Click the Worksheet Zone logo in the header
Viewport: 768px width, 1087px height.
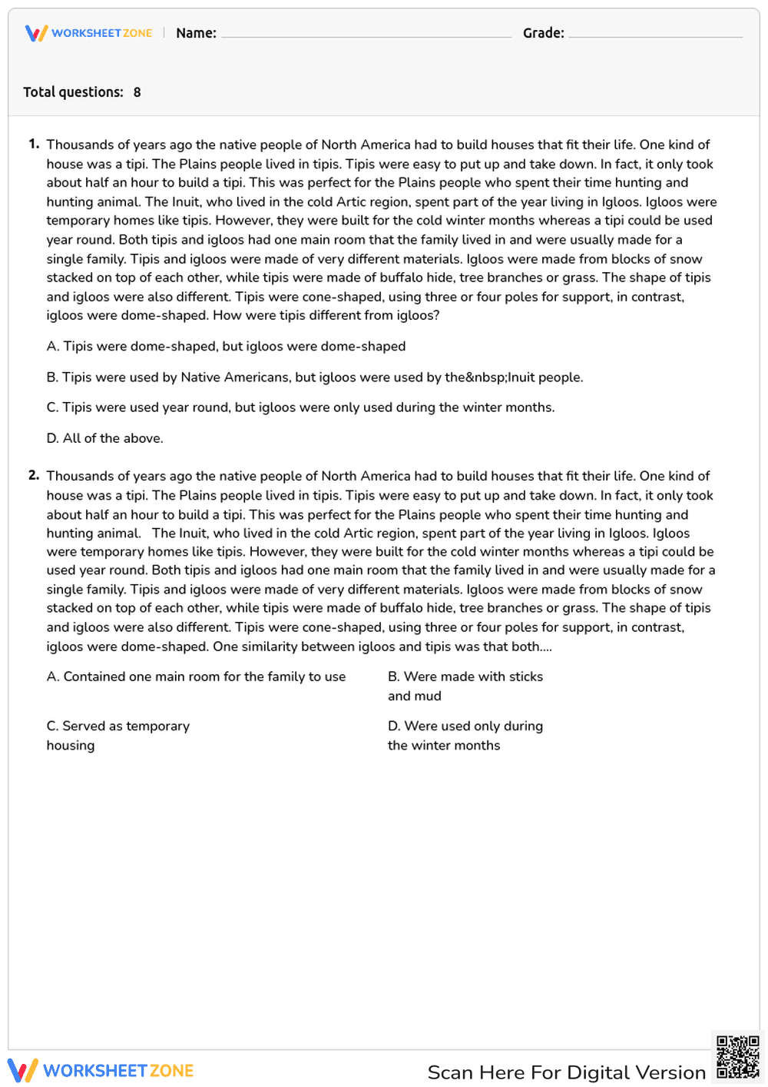pos(88,33)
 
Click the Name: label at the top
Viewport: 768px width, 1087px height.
pos(196,33)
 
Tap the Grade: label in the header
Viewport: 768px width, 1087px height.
pos(543,33)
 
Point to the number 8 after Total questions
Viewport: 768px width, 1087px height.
pos(137,92)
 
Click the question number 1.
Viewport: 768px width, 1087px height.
pos(34,144)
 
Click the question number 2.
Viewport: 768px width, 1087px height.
pos(34,475)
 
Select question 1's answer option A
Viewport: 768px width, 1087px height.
pos(226,346)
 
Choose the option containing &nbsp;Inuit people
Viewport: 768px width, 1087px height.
pos(314,377)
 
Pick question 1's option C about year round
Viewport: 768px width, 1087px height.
pos(300,407)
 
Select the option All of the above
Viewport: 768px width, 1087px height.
pos(105,438)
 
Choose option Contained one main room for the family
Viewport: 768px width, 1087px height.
pos(196,676)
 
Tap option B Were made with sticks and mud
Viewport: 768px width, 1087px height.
pos(465,686)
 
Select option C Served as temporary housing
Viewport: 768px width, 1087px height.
pos(118,735)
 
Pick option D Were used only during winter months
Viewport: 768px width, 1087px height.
pos(465,735)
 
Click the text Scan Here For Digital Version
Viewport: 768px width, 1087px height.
pos(566,1072)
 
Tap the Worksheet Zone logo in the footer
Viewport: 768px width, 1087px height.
pos(101,1070)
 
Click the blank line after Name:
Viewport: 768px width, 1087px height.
pos(366,35)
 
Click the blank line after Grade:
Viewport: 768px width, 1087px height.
pos(655,35)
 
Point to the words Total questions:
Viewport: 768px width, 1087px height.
pos(73,92)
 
